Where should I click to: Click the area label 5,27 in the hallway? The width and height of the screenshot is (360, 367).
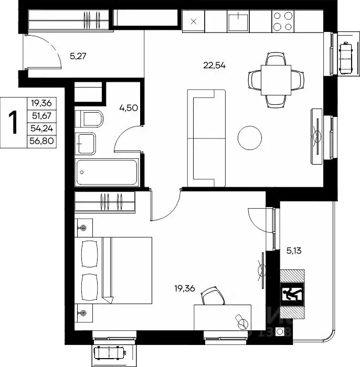click(78, 57)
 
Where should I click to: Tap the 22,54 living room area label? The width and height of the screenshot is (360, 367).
click(214, 66)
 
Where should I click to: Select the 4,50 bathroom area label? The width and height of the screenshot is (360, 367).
click(129, 108)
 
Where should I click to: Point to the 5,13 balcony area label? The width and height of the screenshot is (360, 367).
click(294, 251)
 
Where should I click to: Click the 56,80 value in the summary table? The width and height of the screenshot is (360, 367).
click(41, 141)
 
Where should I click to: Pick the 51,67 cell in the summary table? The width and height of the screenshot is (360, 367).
click(41, 116)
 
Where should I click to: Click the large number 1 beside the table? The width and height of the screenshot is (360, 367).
click(13, 122)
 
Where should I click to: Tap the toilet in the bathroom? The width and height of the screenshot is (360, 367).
click(89, 119)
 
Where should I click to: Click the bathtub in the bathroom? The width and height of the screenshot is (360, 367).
click(107, 172)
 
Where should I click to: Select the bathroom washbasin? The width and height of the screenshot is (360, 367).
click(86, 144)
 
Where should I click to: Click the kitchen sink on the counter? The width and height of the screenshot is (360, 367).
click(238, 22)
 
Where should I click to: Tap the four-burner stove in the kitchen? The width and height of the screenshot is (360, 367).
click(283, 21)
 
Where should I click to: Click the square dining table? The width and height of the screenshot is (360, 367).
click(276, 80)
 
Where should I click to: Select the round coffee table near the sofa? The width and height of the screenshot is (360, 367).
click(250, 138)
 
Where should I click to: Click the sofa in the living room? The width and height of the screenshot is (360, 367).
click(206, 138)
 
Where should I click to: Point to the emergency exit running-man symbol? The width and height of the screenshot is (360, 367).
click(292, 294)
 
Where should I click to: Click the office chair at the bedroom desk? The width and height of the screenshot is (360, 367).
click(213, 296)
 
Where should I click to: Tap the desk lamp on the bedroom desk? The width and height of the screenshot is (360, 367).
click(241, 322)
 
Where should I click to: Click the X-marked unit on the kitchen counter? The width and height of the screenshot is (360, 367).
click(194, 21)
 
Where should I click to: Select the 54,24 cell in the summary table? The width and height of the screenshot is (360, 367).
click(41, 128)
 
